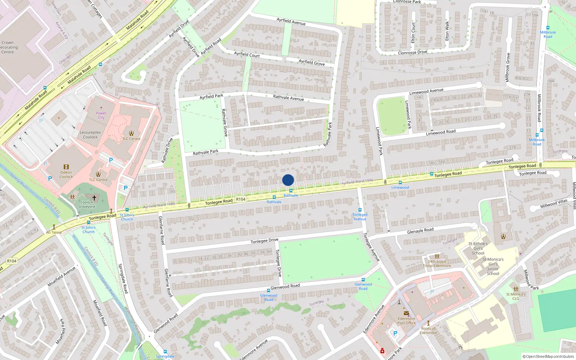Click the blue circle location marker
click(x=288, y=180)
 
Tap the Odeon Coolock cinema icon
click(x=66, y=167)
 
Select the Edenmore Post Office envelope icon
click(x=406, y=313)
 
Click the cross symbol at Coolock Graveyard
click(x=94, y=198)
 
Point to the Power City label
click(x=101, y=115)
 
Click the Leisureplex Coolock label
click(x=90, y=135)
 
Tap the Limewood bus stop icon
click(x=400, y=183)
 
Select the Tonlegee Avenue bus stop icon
click(x=360, y=210)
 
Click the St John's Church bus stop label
click(x=127, y=217)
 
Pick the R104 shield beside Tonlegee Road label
click(x=240, y=199)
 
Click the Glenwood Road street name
click(x=285, y=287)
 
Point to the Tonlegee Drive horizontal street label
click(x=264, y=241)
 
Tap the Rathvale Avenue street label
click(x=288, y=98)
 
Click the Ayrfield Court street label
click(x=247, y=55)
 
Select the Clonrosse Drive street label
click(x=413, y=53)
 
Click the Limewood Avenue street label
click(x=426, y=91)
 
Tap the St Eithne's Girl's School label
click(x=478, y=248)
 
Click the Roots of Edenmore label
click(x=428, y=330)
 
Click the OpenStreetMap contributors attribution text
click(x=548, y=357)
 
